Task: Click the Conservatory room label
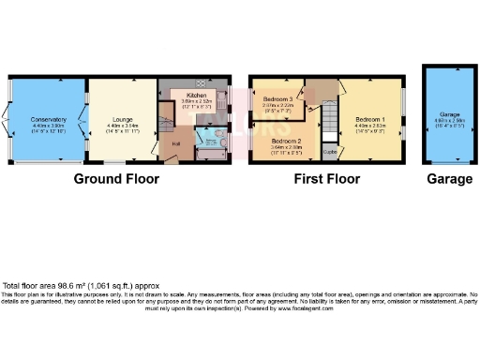tap(47, 119)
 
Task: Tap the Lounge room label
tap(122, 119)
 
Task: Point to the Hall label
tap(175, 142)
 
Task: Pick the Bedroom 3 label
tap(278, 98)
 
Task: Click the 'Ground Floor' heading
tap(117, 178)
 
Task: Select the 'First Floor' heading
tap(326, 178)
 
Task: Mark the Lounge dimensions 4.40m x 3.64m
tap(122, 126)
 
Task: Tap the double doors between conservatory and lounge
tap(86, 119)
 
